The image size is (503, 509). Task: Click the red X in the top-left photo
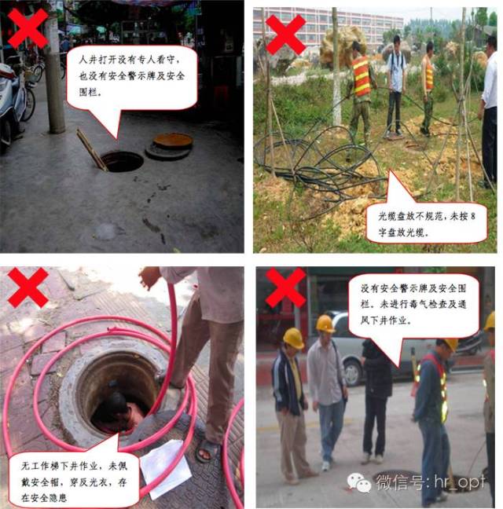pyautogui.click(x=28, y=28)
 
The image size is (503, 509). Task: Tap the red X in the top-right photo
pyautogui.click(x=286, y=35)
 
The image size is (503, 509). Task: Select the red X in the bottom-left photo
pyautogui.click(x=28, y=287)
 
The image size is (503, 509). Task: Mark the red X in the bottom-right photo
pyautogui.click(x=285, y=287)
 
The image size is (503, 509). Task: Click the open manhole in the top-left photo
pyautogui.click(x=122, y=162)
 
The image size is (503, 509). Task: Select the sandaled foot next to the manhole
pyautogui.click(x=207, y=450)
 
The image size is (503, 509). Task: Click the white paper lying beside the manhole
pyautogui.click(x=166, y=468)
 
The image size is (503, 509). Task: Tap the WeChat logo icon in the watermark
pyautogui.click(x=358, y=482)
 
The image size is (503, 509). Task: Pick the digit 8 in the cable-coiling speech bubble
pyautogui.click(x=472, y=216)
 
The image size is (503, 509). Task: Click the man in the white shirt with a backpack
pyautogui.click(x=396, y=85)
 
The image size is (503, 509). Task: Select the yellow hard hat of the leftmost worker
pyautogui.click(x=293, y=339)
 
